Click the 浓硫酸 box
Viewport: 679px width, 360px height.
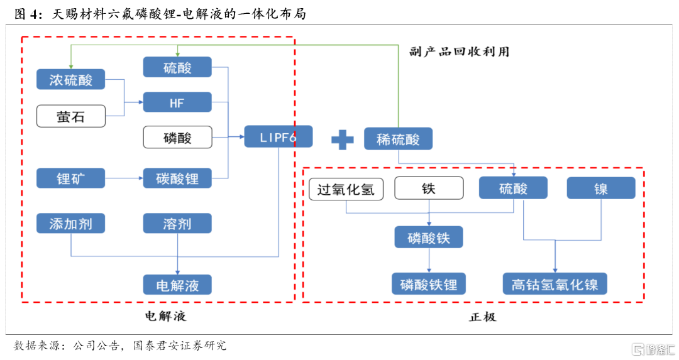[70, 80]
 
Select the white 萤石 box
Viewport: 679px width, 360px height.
[71, 116]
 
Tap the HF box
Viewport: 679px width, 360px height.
[177, 102]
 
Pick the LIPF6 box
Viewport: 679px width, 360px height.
[279, 137]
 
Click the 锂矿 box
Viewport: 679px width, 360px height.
[70, 178]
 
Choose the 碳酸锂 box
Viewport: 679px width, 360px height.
[177, 178]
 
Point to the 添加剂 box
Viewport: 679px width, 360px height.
[70, 223]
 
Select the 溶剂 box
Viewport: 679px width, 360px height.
[177, 223]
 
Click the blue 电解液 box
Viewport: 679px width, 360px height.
[177, 285]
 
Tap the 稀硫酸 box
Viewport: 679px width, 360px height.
[398, 138]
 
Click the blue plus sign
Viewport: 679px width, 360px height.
[343, 139]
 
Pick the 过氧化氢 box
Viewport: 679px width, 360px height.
[346, 189]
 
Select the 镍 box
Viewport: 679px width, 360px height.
[601, 188]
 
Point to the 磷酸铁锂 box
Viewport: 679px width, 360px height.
[429, 284]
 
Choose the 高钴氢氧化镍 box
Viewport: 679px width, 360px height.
[555, 284]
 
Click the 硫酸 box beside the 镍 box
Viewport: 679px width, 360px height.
[513, 188]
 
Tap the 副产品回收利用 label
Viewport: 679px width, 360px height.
[460, 52]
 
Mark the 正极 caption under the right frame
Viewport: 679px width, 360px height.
[483, 317]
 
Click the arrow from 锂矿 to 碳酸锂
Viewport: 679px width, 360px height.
[124, 178]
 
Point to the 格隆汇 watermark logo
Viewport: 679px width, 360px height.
[654, 349]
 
